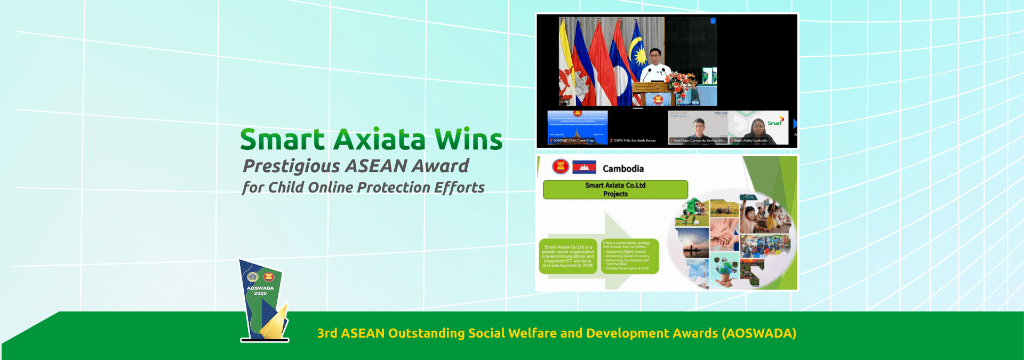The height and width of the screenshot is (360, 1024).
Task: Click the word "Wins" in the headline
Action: [468, 140]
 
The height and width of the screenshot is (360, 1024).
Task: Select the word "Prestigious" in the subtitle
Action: [291, 166]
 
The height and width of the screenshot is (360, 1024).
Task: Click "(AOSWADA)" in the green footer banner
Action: [759, 333]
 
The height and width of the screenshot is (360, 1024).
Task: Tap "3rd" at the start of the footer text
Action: [327, 333]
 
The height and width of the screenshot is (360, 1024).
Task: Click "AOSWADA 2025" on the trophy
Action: [260, 291]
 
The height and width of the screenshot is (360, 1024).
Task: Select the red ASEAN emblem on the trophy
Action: [268, 277]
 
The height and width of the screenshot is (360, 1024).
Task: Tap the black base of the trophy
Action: [265, 340]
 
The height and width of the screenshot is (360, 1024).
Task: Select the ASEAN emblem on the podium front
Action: [657, 99]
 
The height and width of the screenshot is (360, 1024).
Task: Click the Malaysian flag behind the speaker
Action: [637, 59]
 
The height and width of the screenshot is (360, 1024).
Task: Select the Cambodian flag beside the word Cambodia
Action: [584, 167]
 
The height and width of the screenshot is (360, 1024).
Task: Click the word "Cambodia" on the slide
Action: [623, 169]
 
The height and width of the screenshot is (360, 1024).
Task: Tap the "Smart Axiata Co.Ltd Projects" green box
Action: [615, 190]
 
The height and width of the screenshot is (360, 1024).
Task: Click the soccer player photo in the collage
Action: [692, 213]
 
